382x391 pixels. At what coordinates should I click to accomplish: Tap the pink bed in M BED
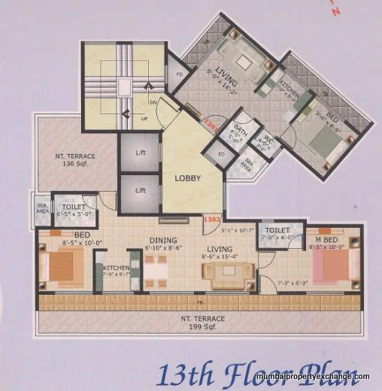point(332,265)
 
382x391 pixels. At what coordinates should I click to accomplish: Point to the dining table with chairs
point(156,268)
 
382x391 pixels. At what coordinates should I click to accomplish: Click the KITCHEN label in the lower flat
point(116,267)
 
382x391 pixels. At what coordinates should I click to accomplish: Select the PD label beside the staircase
point(180,75)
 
